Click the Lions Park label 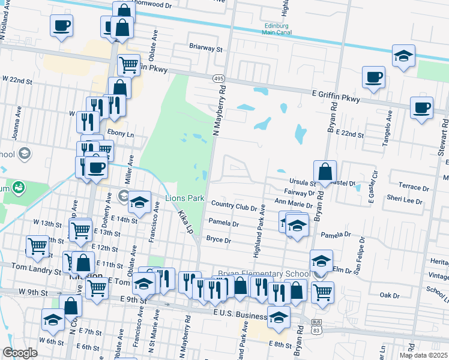coord(185,198)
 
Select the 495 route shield coord(218,79)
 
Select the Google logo coord(20,353)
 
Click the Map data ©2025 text coord(423,355)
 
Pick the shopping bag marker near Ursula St coord(325,171)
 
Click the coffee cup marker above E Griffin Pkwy coord(373,77)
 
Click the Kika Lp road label coord(184,222)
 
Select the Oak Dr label coord(390,295)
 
